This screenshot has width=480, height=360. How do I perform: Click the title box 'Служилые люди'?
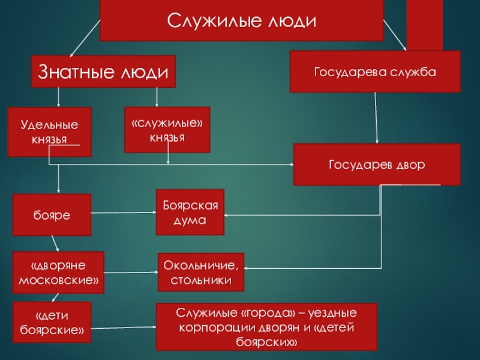pyautogui.click(x=241, y=20)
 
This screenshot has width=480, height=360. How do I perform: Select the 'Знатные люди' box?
pyautogui.click(x=103, y=71)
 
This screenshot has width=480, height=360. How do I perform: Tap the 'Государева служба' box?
pyautogui.click(x=375, y=71)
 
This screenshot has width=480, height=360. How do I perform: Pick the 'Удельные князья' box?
pyautogui.click(x=49, y=131)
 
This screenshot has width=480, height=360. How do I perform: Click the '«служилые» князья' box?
pyautogui.click(x=167, y=130)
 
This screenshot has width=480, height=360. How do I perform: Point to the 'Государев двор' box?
pyautogui.click(x=377, y=164)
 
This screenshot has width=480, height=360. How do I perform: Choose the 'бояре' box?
pyautogui.click(x=52, y=214)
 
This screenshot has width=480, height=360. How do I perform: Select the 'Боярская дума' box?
pyautogui.click(x=190, y=212)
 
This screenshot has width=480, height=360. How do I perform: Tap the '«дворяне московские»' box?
pyautogui.click(x=58, y=272)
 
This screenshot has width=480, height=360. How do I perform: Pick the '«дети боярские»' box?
pyautogui.click(x=52, y=322)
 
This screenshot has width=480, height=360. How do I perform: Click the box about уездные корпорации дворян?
pyautogui.click(x=266, y=326)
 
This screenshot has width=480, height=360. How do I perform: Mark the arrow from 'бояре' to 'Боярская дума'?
pyautogui.click(x=123, y=212)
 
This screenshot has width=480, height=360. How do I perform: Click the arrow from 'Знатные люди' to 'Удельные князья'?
pyautogui.click(x=59, y=97)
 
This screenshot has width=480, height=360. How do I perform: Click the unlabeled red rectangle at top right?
pyautogui.click(x=424, y=24)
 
